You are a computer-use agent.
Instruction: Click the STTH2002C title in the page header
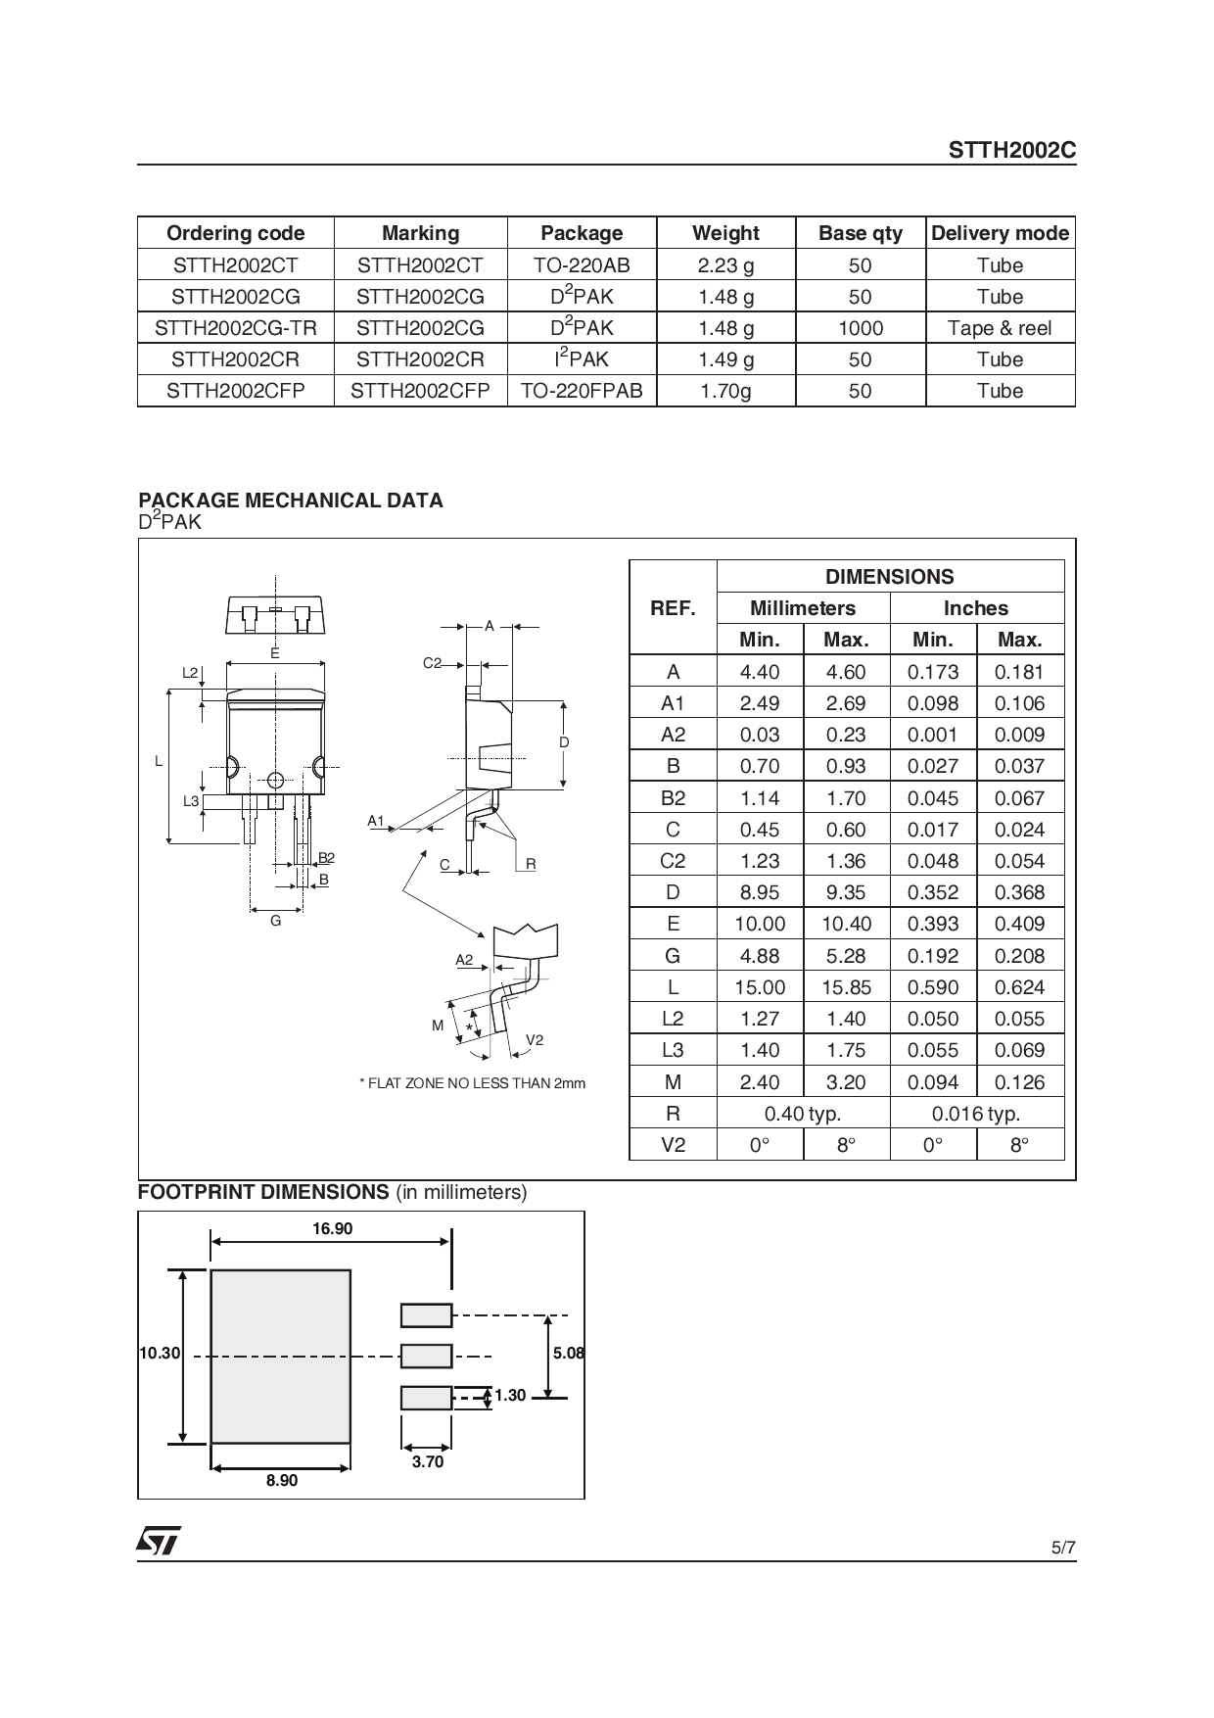(x=1011, y=151)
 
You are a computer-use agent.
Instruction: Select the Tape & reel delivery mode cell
(x=999, y=328)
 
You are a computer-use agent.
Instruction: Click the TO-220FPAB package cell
(x=582, y=391)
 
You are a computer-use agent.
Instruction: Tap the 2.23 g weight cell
(x=725, y=265)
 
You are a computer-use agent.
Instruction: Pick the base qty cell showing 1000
(x=860, y=328)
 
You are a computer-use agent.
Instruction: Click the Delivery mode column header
(x=999, y=233)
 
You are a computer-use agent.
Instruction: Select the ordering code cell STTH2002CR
(x=235, y=359)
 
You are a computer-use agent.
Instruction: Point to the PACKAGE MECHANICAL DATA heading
(x=290, y=501)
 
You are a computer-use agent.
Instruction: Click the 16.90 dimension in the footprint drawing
(x=332, y=1228)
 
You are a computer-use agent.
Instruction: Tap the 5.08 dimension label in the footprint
(x=568, y=1353)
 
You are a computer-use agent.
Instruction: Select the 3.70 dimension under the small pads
(x=427, y=1461)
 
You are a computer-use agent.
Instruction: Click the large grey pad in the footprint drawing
(x=280, y=1357)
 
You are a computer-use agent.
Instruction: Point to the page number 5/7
(x=1062, y=1549)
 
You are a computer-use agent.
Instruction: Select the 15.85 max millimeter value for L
(x=846, y=987)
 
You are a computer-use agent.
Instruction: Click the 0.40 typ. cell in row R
(x=803, y=1114)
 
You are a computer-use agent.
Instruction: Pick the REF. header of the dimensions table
(x=673, y=608)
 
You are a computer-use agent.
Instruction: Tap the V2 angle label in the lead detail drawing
(x=535, y=1039)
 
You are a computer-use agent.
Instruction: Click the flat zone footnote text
(x=473, y=1083)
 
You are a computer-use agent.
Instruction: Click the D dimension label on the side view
(x=564, y=742)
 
